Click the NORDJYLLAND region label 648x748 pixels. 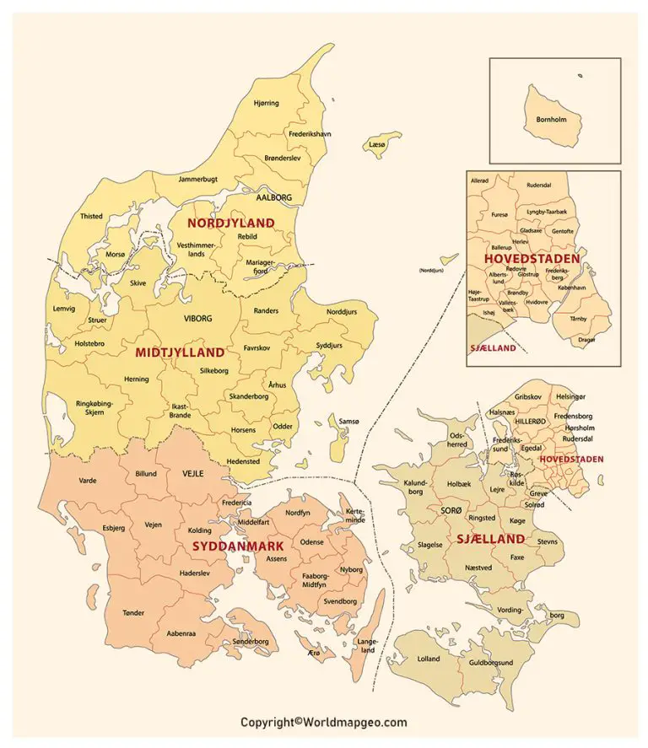coord(230,223)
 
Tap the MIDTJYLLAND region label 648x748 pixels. coord(180,352)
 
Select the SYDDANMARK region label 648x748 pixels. coord(237,546)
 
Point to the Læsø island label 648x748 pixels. coord(376,145)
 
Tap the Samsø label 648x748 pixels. coord(348,422)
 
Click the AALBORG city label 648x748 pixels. coord(273,197)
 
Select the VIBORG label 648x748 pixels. coord(198,319)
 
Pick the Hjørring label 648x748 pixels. coord(266,103)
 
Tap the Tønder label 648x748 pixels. coord(133,613)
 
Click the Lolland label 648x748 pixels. coord(429,658)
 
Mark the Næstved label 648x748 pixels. coord(478,568)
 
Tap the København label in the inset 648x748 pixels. coord(571,288)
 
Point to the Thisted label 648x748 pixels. coord(91,216)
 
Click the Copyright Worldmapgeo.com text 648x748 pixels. coord(323,723)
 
